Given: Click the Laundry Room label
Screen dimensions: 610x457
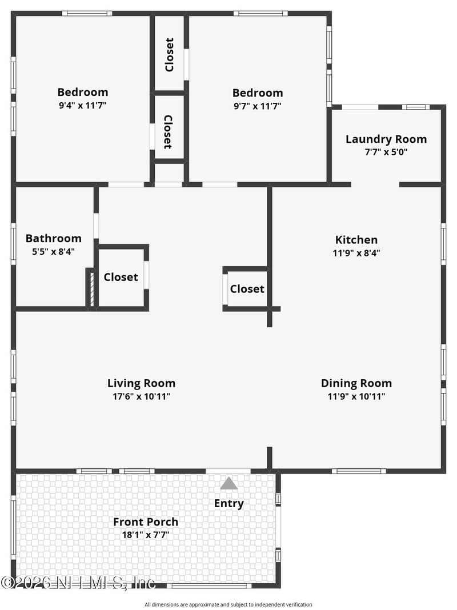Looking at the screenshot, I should coord(386,139).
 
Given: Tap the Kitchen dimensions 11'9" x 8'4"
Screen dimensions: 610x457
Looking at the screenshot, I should coord(356,253).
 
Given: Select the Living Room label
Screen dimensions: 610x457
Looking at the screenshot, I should coord(141,383).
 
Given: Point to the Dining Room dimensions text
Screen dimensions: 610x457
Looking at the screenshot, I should coord(356,396).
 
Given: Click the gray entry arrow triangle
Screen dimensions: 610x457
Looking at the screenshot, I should coord(228,484).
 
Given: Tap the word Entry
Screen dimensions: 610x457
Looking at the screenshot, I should coord(228,503).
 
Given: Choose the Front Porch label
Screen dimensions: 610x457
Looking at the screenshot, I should coord(145,521).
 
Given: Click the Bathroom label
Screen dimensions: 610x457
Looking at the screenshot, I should coord(53,238).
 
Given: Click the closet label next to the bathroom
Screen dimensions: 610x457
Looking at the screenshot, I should coord(121,277).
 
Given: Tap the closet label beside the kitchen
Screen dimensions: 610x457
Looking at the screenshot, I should coord(247,289).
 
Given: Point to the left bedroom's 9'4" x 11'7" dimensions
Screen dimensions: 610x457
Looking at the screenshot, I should coord(82,106).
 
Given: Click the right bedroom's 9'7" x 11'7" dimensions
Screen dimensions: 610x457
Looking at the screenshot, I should coord(257,106).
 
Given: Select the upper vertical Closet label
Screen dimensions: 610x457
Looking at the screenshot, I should coord(169,55).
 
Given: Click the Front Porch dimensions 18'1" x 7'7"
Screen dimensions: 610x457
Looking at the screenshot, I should coord(145,535).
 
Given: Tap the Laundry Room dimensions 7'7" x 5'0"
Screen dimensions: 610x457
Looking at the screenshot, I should coord(386,152).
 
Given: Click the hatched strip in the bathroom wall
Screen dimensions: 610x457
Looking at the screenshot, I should coord(90,288).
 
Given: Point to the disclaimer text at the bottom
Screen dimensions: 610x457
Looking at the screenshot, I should coord(228,604).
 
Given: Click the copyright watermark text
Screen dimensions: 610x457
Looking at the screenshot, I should coord(78,583).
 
